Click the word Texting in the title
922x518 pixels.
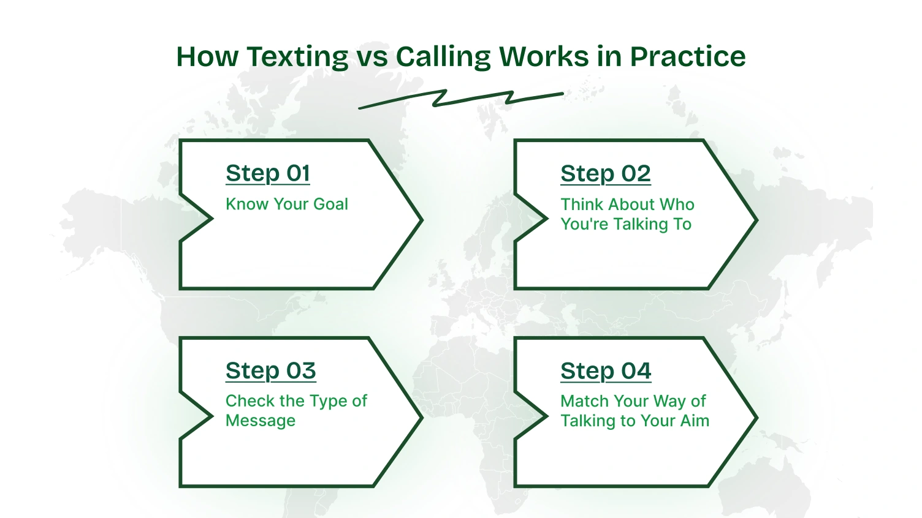tap(297, 57)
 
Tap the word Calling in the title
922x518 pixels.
tap(443, 57)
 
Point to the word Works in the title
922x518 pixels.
tap(544, 57)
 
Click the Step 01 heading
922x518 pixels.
tap(268, 173)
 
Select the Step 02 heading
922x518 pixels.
tap(605, 173)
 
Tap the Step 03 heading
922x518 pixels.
tap(270, 370)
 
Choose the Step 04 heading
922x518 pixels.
tap(606, 370)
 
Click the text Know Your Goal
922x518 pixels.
tap(286, 204)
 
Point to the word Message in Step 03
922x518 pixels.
tap(261, 421)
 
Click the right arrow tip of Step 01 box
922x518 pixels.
tap(421, 220)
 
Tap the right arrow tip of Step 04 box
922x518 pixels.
tap(755, 418)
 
